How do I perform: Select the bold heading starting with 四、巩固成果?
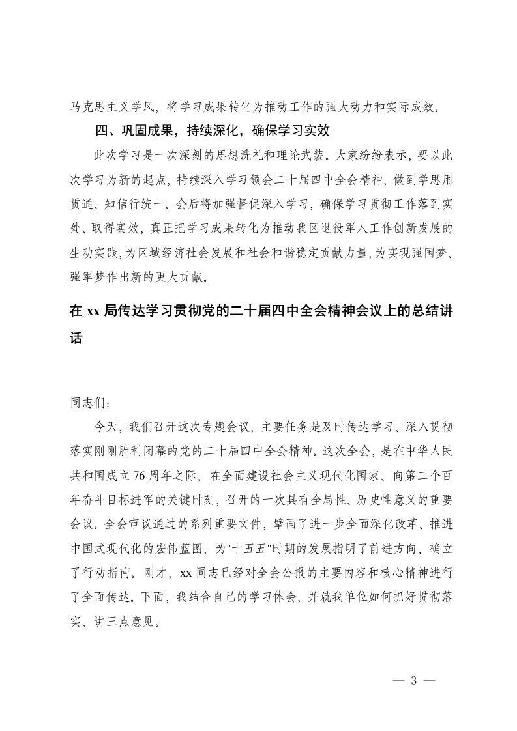click(214, 131)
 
